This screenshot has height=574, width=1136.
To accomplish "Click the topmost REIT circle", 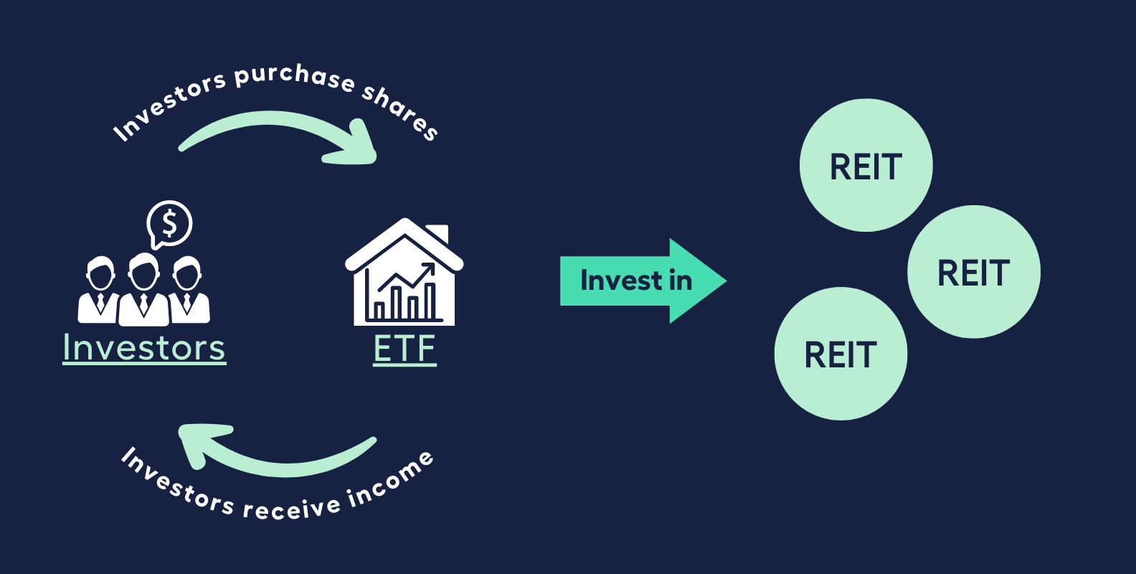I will point(866,165).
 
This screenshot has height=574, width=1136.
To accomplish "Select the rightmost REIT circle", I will point(973,272).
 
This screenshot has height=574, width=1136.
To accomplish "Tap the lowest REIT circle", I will point(841,354).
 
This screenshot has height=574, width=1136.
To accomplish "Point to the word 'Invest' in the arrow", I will point(621,281).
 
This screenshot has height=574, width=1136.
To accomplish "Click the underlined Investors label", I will point(144,348).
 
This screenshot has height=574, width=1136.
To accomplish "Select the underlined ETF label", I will point(404,349).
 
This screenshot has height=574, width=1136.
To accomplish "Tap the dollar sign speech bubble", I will point(169,224).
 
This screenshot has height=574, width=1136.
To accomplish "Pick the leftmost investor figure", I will point(99,291).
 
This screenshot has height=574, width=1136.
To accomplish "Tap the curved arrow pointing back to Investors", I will point(273,452).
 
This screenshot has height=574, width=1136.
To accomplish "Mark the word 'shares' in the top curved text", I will point(400,111).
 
